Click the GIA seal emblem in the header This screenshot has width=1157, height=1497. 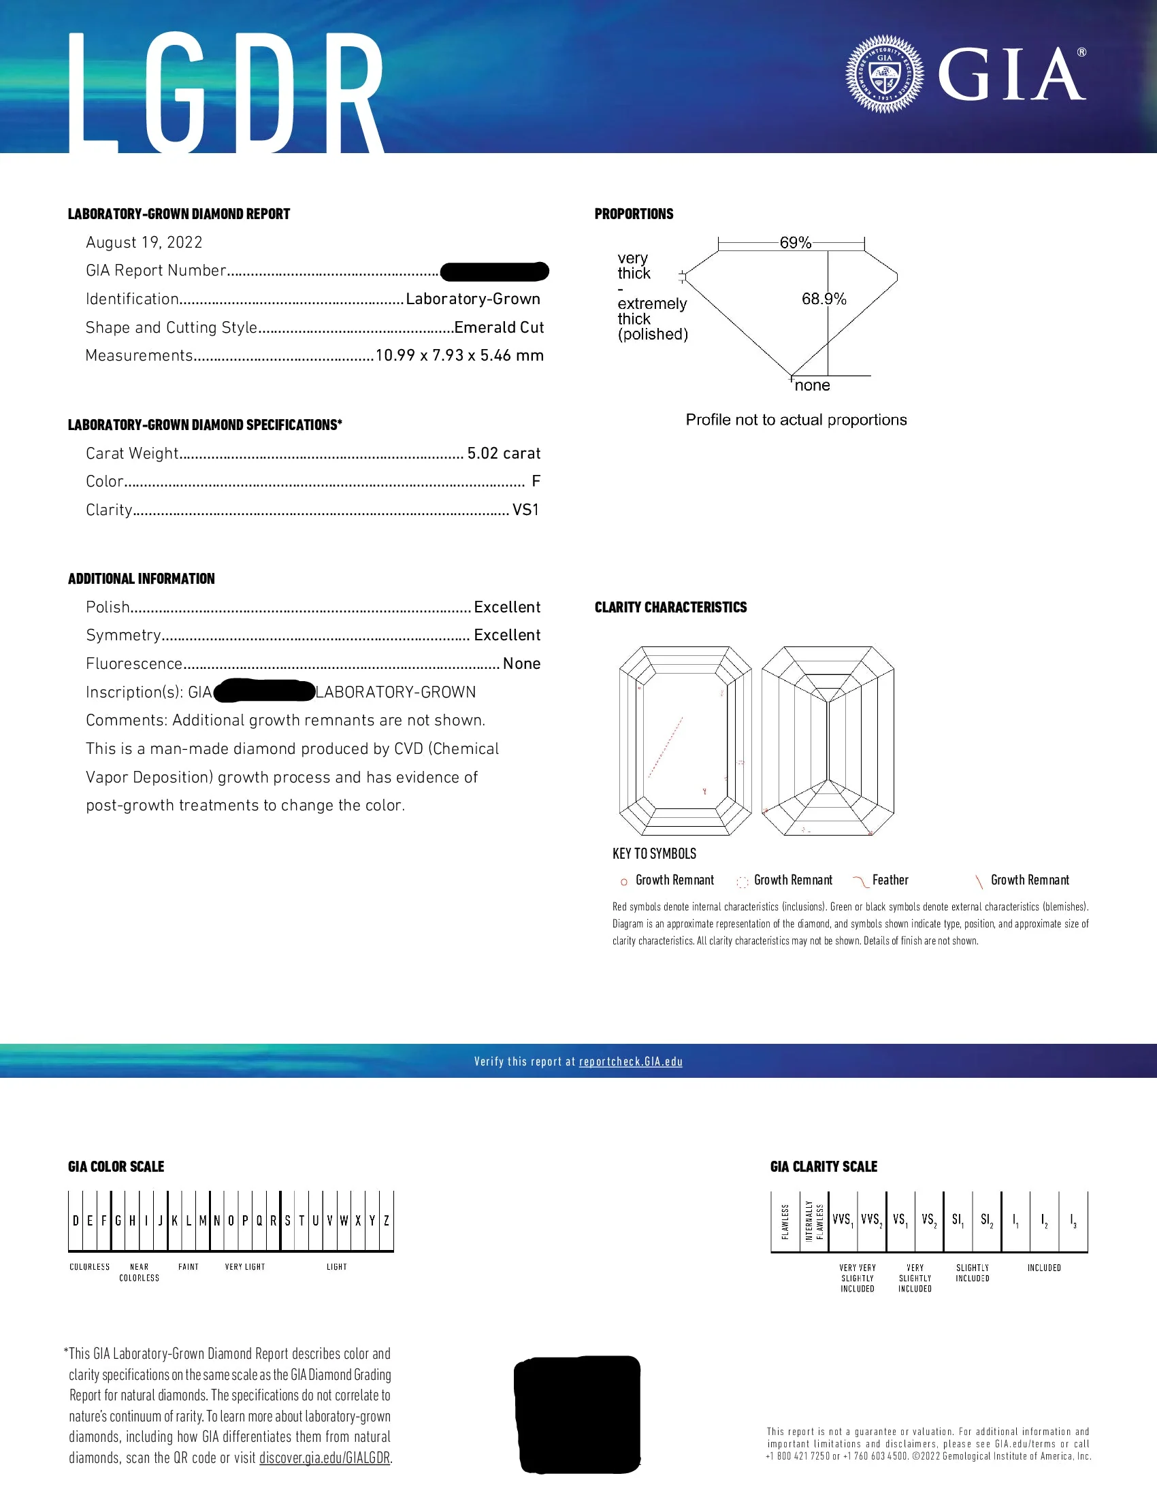pyautogui.click(x=884, y=73)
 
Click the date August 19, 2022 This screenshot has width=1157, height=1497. pyautogui.click(x=144, y=243)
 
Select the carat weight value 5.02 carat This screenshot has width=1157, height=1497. pyautogui.click(x=504, y=453)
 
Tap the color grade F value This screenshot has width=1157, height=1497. pyautogui.click(x=536, y=481)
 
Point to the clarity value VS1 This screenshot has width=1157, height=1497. pyautogui.click(x=525, y=510)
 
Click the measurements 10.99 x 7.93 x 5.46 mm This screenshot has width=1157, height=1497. pyautogui.click(x=459, y=355)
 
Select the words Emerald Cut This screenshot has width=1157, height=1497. pyautogui.click(x=499, y=327)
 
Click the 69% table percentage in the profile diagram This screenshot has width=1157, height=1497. pyautogui.click(x=795, y=243)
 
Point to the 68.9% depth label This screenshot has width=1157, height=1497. pyautogui.click(x=824, y=299)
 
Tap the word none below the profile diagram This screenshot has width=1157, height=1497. pyautogui.click(x=812, y=385)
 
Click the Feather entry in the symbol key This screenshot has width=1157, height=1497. pyautogui.click(x=890, y=880)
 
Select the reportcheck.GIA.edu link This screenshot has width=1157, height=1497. pyautogui.click(x=631, y=1062)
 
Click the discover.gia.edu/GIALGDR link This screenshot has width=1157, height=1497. pyautogui.click(x=324, y=1458)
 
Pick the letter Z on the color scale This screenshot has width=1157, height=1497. pyautogui.click(x=387, y=1221)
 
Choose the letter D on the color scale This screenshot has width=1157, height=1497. pyautogui.click(x=76, y=1221)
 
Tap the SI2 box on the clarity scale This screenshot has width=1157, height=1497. pyautogui.click(x=986, y=1220)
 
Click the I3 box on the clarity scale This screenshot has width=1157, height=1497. pyautogui.click(x=1073, y=1220)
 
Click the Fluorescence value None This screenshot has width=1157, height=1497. pyautogui.click(x=521, y=663)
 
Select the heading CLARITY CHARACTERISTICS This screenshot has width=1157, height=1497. pyautogui.click(x=670, y=607)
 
